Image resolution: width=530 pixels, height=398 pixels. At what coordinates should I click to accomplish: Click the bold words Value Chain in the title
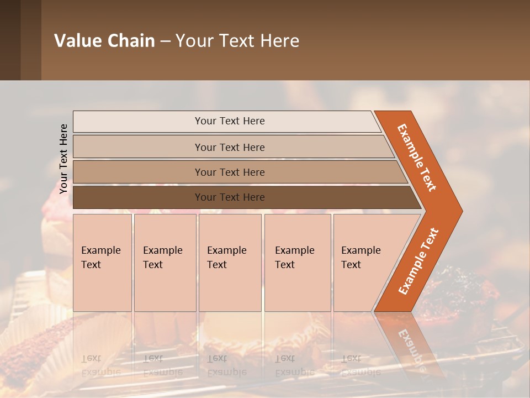tap(104, 40)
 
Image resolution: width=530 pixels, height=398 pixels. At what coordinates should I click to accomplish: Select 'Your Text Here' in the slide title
tap(237, 40)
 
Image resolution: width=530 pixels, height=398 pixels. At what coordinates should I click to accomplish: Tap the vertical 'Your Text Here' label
tap(63, 159)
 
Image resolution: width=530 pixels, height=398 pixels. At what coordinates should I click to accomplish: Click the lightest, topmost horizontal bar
tap(226, 121)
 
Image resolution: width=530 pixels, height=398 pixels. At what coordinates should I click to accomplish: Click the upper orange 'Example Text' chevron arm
tap(417, 158)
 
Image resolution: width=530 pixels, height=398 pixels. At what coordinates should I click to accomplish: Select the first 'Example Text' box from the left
tap(102, 263)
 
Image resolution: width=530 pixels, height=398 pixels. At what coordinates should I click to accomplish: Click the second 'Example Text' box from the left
tap(165, 263)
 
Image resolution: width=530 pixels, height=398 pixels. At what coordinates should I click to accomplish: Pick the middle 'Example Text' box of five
tap(230, 263)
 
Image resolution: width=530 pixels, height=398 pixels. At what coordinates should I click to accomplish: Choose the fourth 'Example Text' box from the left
tap(297, 263)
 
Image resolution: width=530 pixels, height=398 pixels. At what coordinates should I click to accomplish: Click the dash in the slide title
tap(165, 41)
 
